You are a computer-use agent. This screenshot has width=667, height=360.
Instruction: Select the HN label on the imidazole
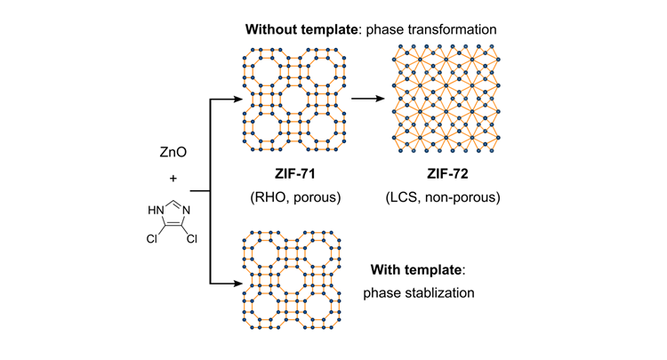(156, 209)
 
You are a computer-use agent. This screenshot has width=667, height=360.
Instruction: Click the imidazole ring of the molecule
(173, 216)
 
